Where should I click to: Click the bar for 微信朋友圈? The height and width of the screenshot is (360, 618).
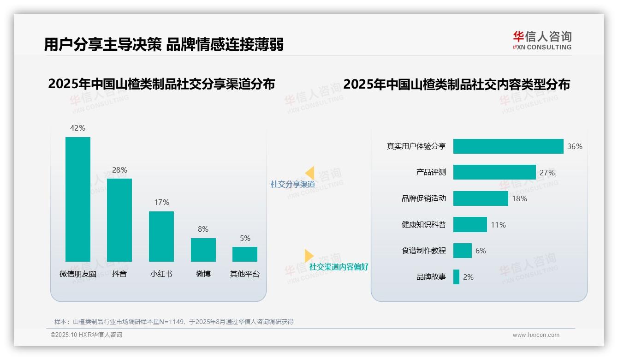point(78,199)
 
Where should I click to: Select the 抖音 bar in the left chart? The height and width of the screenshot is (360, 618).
point(119,220)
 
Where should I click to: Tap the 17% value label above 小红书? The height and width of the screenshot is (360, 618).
point(161,202)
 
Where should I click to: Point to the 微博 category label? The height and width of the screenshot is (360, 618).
point(203,274)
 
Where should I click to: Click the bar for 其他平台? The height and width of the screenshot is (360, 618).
point(245,254)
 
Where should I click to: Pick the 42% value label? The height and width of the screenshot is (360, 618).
point(77,128)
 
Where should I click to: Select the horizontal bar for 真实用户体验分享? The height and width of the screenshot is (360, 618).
point(508,146)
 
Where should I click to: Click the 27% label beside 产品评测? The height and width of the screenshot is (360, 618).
point(547,173)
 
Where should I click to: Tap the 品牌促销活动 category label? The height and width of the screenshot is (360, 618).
point(423,198)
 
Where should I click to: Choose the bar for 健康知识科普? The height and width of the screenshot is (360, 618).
point(470,225)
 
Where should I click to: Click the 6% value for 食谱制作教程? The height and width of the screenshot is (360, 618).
point(481,251)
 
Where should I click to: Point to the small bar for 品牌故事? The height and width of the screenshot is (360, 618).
point(456,277)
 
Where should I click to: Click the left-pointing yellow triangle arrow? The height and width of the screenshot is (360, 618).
point(310,173)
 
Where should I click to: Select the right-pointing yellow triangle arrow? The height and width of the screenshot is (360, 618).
point(309,256)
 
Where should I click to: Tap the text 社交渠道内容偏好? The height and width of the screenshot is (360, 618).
point(339,267)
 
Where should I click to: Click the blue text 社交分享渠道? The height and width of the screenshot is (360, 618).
point(292,184)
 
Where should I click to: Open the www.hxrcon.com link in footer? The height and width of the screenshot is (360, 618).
point(535,335)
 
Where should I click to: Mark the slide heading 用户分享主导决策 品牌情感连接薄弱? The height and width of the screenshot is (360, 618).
point(164,44)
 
